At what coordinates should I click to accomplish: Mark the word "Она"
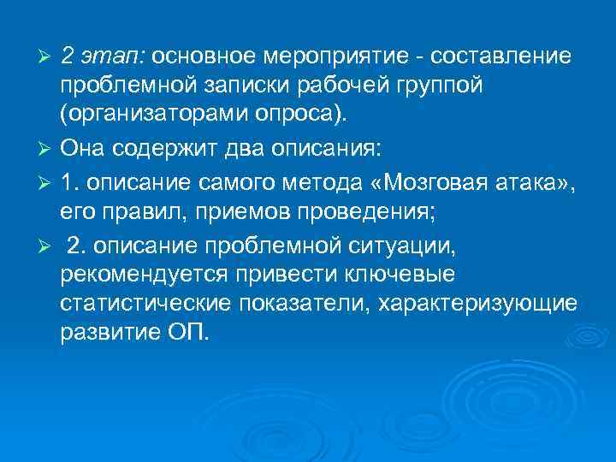[86, 147]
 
